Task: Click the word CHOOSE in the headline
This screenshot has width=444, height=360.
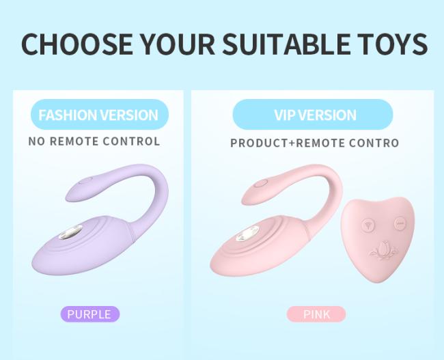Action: tap(77, 44)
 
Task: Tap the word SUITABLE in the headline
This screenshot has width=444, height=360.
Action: tap(286, 44)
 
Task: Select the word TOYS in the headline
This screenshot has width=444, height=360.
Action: tap(391, 44)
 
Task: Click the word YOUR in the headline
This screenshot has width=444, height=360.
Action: tap(178, 44)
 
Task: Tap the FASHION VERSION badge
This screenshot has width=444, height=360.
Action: tap(100, 115)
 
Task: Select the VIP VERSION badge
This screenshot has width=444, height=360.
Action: tap(313, 115)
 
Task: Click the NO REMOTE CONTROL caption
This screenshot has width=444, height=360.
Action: tap(94, 141)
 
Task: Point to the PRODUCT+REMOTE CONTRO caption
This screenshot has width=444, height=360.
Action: tap(315, 143)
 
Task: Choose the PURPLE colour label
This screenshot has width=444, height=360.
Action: tap(90, 314)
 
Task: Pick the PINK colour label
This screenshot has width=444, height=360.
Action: tap(316, 314)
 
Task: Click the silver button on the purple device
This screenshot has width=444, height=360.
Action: tap(71, 232)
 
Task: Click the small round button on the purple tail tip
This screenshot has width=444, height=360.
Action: tap(85, 180)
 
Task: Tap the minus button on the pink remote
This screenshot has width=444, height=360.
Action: tap(400, 223)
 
